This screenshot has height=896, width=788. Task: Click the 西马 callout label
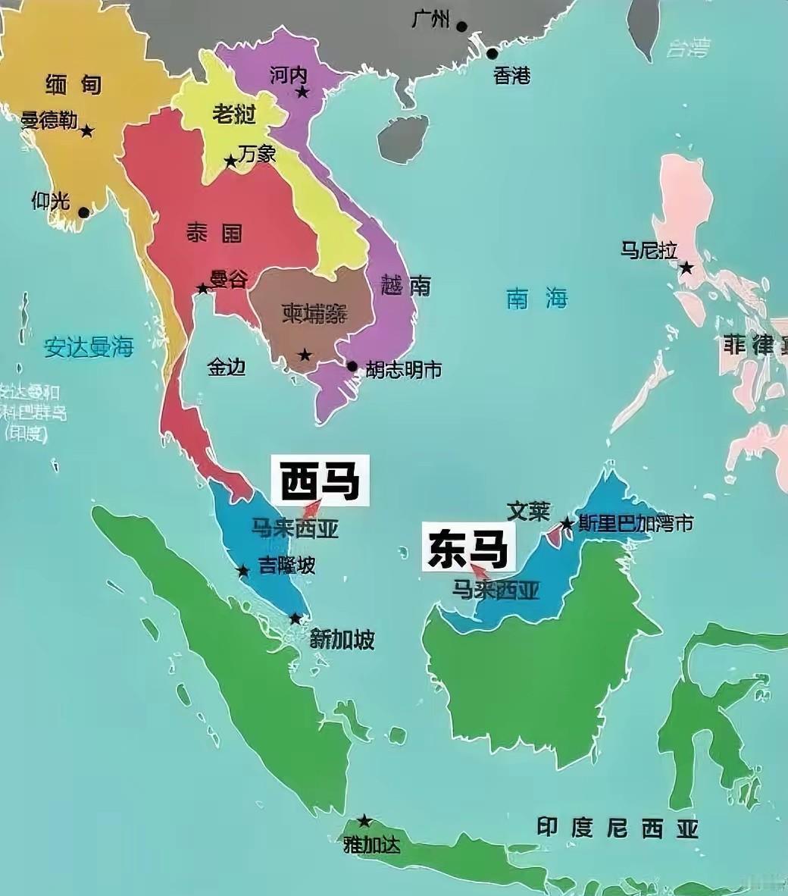coord(320,480)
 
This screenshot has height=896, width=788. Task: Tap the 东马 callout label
coord(467,548)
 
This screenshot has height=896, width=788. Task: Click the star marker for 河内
coord(302,92)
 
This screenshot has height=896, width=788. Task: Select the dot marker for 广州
coord(462,25)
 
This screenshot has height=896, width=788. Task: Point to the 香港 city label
coord(511,75)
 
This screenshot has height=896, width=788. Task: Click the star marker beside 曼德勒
coord(87,131)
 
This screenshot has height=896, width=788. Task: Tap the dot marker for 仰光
coord(83,212)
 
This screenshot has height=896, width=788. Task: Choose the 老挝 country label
coord(233,114)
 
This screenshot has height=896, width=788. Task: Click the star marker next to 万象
coord(230,161)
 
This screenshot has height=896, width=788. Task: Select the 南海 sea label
coord(536,299)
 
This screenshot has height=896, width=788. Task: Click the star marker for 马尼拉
coord(686,268)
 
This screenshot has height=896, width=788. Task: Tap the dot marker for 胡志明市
coord(352,366)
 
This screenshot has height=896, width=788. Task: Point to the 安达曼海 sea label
coord(89,348)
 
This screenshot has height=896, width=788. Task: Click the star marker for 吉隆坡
coord(243,570)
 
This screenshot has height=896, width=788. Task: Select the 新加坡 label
coord(342,640)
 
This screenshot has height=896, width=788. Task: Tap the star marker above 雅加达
coord(364,821)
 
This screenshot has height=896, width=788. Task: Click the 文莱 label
coord(528,511)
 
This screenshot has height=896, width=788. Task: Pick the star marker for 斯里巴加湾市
coord(567,524)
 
